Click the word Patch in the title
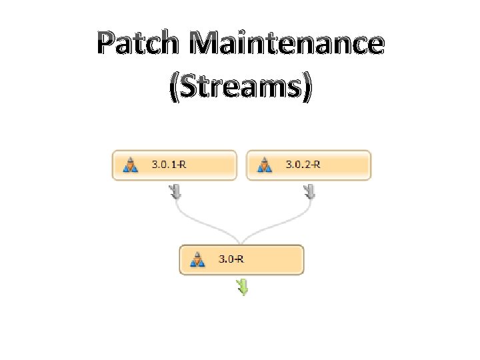point(137,44)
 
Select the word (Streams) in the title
point(240,88)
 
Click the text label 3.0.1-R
point(169,165)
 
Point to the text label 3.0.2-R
point(303,165)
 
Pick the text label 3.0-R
point(231,259)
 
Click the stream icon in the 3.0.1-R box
point(131,165)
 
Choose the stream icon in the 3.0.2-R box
point(265,165)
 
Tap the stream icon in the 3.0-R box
point(197,259)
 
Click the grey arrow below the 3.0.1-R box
point(175,192)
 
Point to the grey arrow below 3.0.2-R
point(310,192)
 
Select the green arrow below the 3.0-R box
point(243,287)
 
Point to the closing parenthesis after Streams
point(307,89)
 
